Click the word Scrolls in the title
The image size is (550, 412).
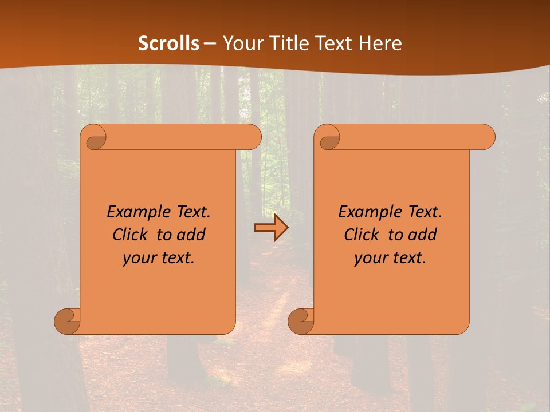[x=168, y=43]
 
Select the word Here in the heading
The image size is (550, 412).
[x=380, y=43]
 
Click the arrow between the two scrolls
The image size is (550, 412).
[x=271, y=228]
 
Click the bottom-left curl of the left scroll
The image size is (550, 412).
[x=67, y=320]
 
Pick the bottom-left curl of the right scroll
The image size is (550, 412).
[x=301, y=320]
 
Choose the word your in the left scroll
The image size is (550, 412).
[x=139, y=258]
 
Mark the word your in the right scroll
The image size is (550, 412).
[x=371, y=258]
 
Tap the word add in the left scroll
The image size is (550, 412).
[x=192, y=235]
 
